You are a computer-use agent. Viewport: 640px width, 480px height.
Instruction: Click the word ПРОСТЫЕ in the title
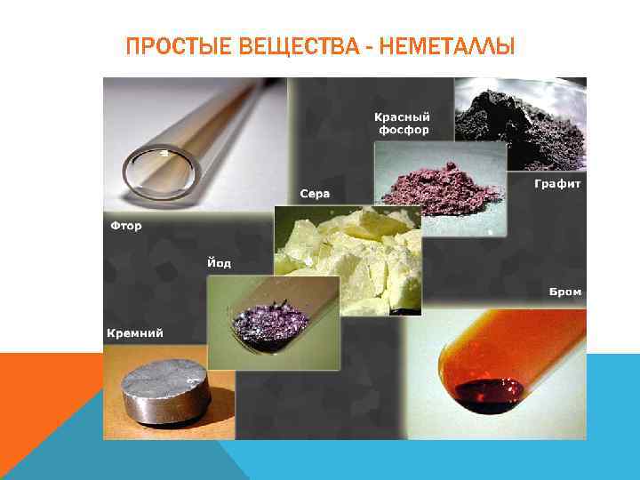pos(180,45)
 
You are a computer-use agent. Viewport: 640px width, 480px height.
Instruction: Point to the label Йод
pos(219,263)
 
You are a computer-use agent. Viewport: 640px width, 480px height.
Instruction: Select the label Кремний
pos(135,333)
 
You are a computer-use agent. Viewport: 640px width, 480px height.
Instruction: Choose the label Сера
pos(314,194)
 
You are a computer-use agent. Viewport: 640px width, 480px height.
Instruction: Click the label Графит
pos(557,184)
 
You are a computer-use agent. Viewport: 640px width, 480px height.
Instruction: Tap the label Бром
pos(564,292)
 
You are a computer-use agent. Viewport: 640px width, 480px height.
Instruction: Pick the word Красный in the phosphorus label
pos(402,116)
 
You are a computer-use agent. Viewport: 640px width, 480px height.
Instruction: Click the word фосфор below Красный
pos(402,130)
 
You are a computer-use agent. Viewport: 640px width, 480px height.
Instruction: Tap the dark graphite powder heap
pos(516,116)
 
